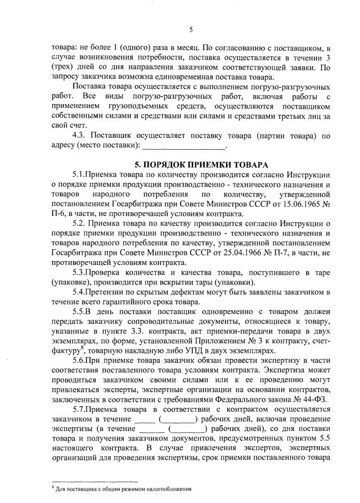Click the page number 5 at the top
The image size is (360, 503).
tap(191, 29)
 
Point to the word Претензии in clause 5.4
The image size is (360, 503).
tap(109, 293)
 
